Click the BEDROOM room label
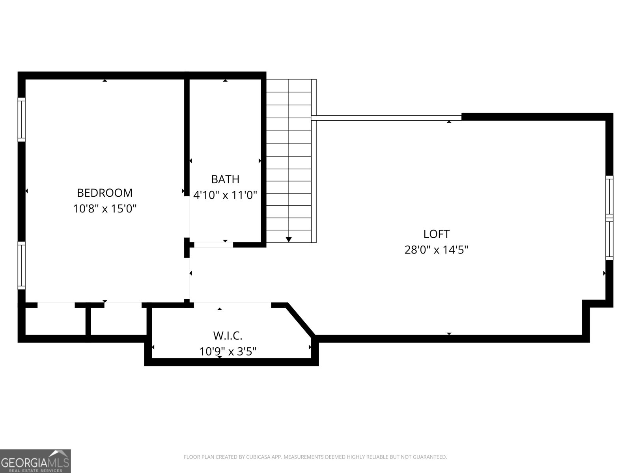click(x=105, y=193)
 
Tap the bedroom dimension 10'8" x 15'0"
click(x=105, y=209)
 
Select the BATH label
click(x=225, y=179)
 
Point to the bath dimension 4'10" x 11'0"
click(x=225, y=195)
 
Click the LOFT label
click(x=436, y=234)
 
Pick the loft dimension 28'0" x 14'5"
click(x=436, y=250)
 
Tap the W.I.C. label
click(x=228, y=336)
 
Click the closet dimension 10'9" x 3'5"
click(x=228, y=351)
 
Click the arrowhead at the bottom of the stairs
click(x=289, y=239)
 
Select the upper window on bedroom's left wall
click(x=22, y=119)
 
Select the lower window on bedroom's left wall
click(x=22, y=266)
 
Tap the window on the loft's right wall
click(x=609, y=218)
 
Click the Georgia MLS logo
click(x=35, y=461)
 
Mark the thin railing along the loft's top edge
click(x=386, y=117)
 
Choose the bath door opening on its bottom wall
click(x=213, y=245)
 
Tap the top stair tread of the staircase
click(x=289, y=86)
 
